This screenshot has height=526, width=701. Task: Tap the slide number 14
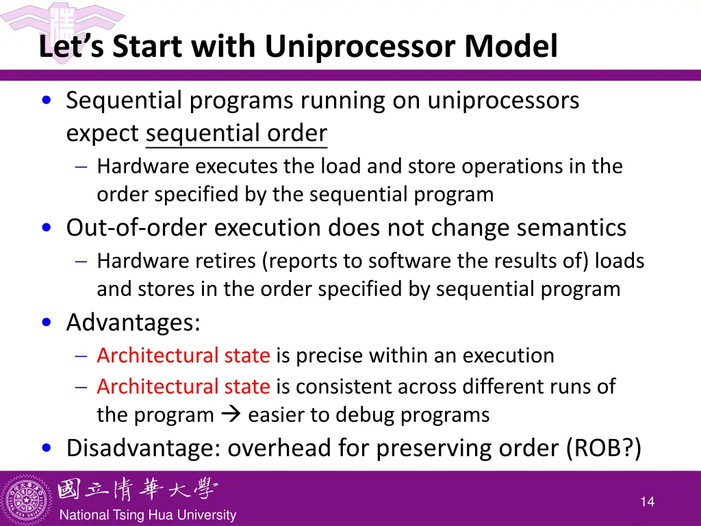click(x=647, y=502)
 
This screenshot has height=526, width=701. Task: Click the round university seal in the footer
click(x=27, y=499)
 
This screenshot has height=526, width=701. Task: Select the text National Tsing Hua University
click(x=148, y=515)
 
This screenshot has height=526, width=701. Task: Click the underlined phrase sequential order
click(x=236, y=133)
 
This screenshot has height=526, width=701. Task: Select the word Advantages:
click(x=133, y=322)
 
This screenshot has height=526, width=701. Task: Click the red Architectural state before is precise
click(x=183, y=355)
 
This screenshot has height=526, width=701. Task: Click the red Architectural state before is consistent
click(x=183, y=386)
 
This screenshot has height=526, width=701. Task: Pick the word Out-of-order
click(x=137, y=227)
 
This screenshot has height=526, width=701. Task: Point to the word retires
click(x=225, y=261)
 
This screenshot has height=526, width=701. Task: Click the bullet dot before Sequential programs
click(x=45, y=101)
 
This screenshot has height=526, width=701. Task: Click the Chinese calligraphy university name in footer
click(x=137, y=490)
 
